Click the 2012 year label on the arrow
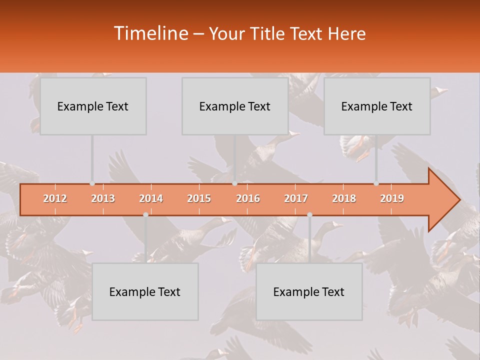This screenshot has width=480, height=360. point(55,198)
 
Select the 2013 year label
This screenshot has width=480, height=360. point(103,198)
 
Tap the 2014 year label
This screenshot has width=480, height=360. point(151,198)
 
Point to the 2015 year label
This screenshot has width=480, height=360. point(199,198)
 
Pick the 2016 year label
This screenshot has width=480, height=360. point(248,198)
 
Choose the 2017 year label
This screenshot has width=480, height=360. point(296,198)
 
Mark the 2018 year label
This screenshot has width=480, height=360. point(344,198)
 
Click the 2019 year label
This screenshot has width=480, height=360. point(392,198)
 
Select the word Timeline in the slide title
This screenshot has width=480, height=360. point(150,33)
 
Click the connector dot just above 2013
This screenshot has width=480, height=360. point(92,183)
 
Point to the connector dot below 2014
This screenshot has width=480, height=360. point(145,214)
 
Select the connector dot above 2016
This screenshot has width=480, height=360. point(234,183)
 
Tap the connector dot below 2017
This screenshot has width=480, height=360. point(309,214)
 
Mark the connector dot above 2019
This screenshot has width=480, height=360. point(376,183)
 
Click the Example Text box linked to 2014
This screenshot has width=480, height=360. point(145,291)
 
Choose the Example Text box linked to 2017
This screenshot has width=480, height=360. point(309,291)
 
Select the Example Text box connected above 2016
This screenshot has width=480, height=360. point(235,106)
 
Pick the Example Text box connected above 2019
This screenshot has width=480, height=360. point(377,106)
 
